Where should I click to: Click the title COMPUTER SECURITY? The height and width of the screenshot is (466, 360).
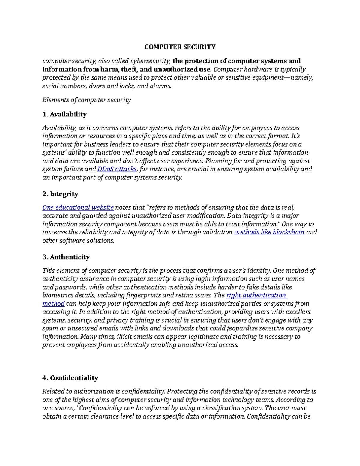coord(180,47)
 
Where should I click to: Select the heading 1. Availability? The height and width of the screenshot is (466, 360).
coord(64,114)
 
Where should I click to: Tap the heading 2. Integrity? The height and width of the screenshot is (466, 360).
coord(60,194)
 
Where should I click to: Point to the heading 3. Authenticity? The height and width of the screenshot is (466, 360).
coord(66,257)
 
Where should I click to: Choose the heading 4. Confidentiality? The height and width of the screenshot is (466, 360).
coord(70,378)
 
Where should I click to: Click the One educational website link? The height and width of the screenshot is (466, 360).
coord(78,208)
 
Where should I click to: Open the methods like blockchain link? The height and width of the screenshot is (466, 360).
coord(269,232)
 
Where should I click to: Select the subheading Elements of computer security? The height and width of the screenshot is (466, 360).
coord(87,100)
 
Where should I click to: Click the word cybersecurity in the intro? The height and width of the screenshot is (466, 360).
coord(150,61)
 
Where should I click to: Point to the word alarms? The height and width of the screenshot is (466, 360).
coord(162,86)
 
